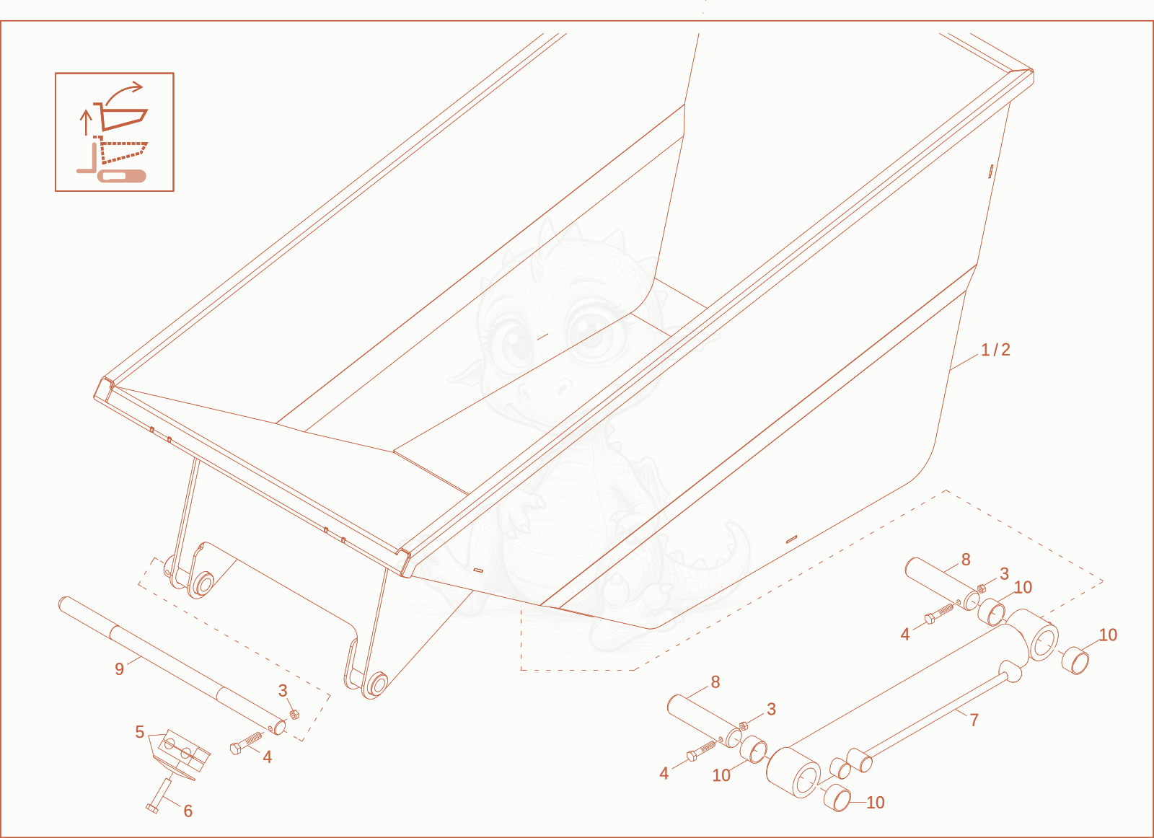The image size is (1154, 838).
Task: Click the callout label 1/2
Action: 995,350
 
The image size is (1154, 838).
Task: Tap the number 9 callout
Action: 119,669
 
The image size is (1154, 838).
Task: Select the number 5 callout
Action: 140,732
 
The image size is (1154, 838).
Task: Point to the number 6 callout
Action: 188,811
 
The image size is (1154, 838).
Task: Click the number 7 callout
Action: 974,720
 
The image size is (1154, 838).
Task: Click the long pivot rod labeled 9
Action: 172,665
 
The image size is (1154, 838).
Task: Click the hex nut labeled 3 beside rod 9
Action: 294,715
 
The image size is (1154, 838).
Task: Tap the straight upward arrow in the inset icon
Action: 86,122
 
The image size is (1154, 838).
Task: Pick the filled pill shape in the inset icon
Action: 122,176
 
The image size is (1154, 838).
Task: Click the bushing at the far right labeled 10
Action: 1075,661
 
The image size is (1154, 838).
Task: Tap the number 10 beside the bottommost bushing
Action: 876,803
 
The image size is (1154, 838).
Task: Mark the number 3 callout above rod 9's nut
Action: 282,691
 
